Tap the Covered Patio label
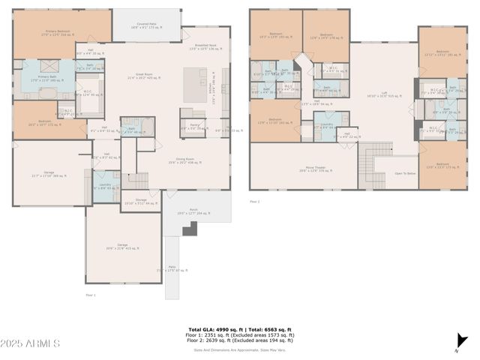point(146,25)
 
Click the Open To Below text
point(406,173)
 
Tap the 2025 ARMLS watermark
point(31,343)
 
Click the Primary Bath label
point(49,78)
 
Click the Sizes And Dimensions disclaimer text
point(240,349)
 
